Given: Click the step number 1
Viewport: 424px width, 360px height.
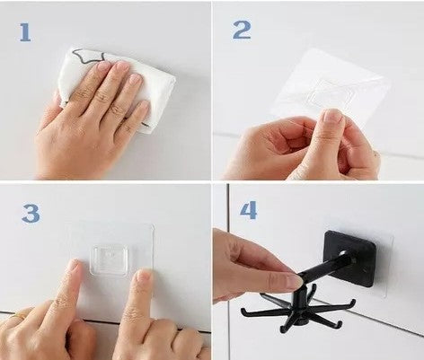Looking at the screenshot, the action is pyautogui.click(x=25, y=32).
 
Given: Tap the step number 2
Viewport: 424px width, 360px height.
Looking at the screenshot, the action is pyautogui.click(x=242, y=30).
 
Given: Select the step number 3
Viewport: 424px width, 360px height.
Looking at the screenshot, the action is pyautogui.click(x=31, y=214).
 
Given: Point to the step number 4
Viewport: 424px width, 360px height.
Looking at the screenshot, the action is pyautogui.click(x=248, y=210).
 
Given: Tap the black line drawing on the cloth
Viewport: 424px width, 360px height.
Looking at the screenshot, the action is pyautogui.click(x=89, y=56).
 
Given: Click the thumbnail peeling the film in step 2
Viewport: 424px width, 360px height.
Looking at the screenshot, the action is pyautogui.click(x=332, y=116).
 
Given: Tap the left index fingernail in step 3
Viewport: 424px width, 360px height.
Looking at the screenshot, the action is pyautogui.click(x=75, y=266).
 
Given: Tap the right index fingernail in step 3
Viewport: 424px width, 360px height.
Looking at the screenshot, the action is pyautogui.click(x=144, y=276).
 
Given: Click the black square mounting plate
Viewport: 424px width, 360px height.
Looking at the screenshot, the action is pyautogui.click(x=350, y=259).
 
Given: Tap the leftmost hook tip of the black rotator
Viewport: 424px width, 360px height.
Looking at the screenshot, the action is pyautogui.click(x=243, y=312).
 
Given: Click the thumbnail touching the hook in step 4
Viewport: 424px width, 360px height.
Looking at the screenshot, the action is pyautogui.click(x=294, y=281).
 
